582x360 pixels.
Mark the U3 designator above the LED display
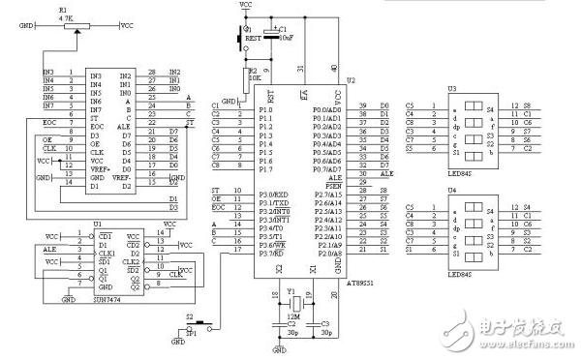pyautogui.click(x=451, y=88)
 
